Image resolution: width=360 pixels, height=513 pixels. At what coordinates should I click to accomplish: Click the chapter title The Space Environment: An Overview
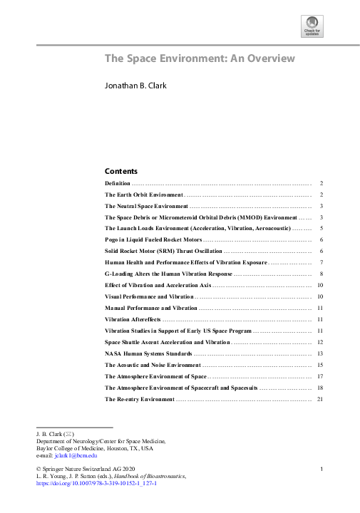pyautogui.click(x=200, y=58)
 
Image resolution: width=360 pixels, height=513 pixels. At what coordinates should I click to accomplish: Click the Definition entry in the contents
pyautogui.click(x=118, y=183)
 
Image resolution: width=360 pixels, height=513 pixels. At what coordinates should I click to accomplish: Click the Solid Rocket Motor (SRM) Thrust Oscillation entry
pyautogui.click(x=163, y=252)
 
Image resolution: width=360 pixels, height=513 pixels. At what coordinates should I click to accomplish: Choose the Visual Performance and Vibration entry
pyautogui.click(x=148, y=296)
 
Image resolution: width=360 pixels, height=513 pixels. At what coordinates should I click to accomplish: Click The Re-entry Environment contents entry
pyautogui.click(x=139, y=399)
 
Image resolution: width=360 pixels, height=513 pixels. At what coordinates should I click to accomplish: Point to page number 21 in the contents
pyautogui.click(x=322, y=399)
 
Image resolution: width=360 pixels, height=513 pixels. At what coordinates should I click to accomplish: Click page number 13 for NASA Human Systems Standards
pyautogui.click(x=322, y=353)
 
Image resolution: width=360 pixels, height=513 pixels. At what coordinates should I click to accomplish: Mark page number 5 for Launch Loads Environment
pyautogui.click(x=322, y=228)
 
